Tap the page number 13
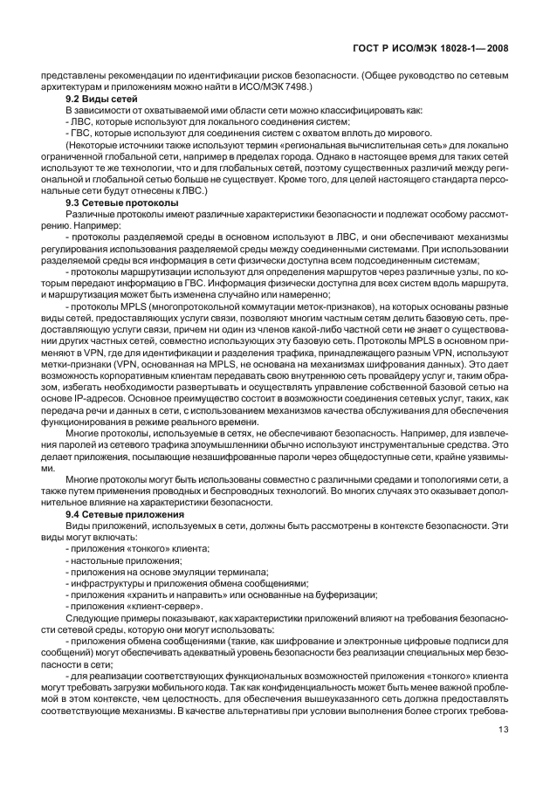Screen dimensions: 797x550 (503, 755)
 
